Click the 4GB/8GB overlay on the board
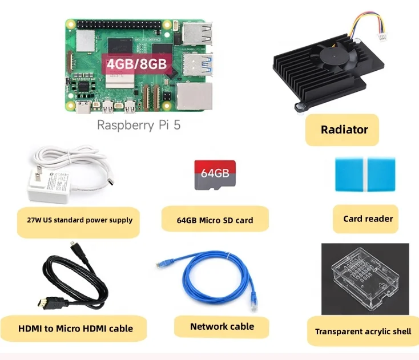coord(137,63)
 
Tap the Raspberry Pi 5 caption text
coord(139,125)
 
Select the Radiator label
coord(344,130)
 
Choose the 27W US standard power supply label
coord(75,220)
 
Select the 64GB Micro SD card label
coord(215,220)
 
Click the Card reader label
coord(368,219)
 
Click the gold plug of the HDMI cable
coord(41,301)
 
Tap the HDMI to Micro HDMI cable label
coord(75,329)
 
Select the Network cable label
coord(221,326)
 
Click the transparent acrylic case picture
coord(365,278)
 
